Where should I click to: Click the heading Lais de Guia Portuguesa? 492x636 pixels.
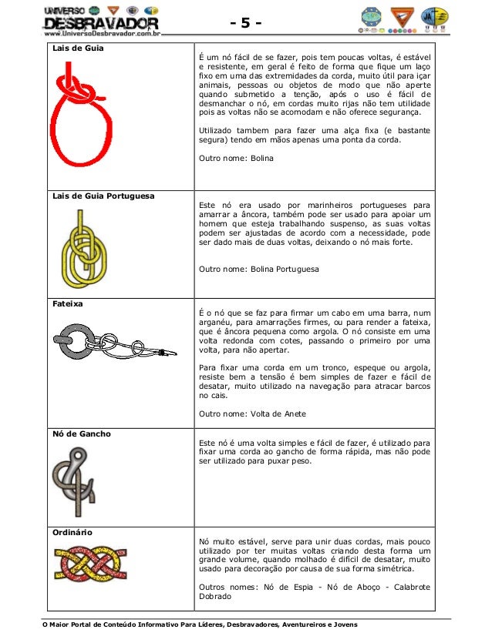pos(103,196)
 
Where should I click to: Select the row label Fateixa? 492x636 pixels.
pos(67,303)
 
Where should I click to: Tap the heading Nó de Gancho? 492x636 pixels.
pos(81,433)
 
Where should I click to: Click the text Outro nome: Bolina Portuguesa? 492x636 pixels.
pos(258,269)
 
